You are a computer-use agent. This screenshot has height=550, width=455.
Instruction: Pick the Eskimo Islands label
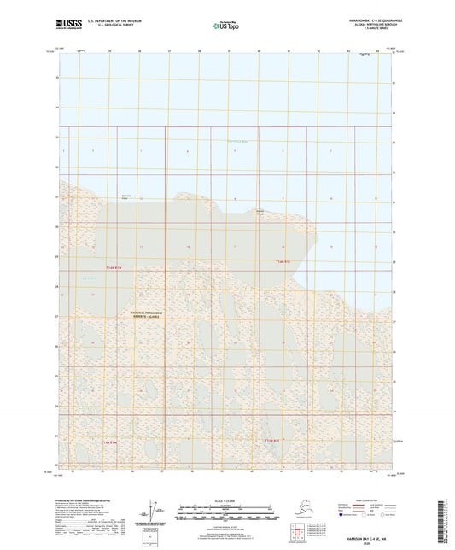(x=265, y=212)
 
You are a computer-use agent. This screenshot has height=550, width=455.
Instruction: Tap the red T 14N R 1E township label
(x=283, y=260)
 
